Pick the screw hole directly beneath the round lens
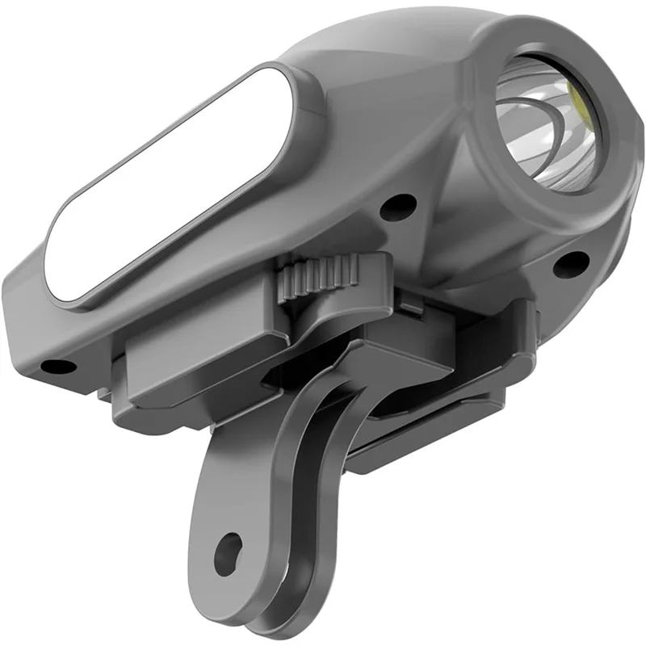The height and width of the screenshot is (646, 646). [x=572, y=262]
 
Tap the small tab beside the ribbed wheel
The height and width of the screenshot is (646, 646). [x=412, y=303]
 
